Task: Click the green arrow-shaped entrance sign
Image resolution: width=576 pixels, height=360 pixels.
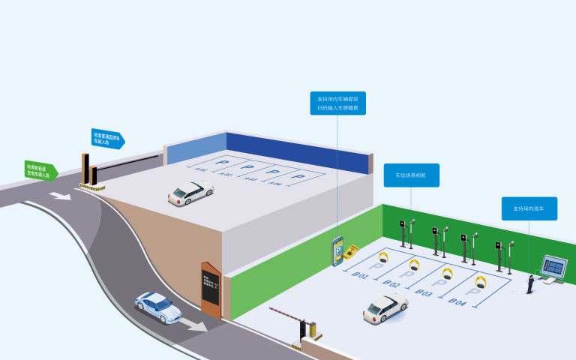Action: (x=41, y=169)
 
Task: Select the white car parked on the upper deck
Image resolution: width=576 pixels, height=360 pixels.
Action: (x=190, y=193)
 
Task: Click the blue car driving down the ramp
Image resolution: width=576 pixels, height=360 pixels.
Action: (x=157, y=306)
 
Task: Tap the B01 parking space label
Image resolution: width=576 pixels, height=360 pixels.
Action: (x=361, y=275)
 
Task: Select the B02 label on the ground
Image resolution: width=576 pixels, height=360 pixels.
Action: (x=391, y=283)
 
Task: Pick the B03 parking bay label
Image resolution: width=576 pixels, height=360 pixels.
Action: (x=423, y=292)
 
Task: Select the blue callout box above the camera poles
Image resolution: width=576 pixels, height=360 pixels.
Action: (x=411, y=175)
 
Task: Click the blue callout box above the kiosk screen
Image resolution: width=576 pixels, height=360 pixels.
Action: (x=529, y=208)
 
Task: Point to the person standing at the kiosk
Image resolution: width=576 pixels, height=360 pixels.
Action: (x=531, y=283)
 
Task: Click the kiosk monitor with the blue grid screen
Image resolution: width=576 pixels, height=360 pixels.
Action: (x=556, y=266)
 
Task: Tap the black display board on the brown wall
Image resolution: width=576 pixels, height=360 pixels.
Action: (x=210, y=288)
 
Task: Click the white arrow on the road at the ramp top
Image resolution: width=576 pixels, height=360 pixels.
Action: (x=61, y=196)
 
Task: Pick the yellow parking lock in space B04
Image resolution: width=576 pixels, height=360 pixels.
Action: (x=481, y=283)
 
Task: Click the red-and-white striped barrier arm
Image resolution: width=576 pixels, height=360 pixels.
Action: (x=286, y=314)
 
